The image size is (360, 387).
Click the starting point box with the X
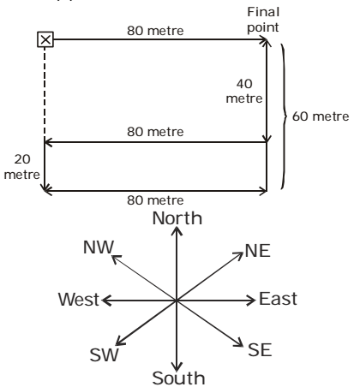click(45, 39)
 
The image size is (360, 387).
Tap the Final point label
click(263, 20)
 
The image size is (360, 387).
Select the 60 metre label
click(321, 116)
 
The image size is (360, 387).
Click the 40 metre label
click(244, 92)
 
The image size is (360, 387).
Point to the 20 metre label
click(22, 167)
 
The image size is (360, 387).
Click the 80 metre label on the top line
click(155, 31)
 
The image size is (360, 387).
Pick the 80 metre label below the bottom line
click(155, 200)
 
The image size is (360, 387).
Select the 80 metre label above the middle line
click(155, 132)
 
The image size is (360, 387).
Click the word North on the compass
click(177, 218)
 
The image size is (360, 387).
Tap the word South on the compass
click(178, 378)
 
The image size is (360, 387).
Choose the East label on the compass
click(278, 299)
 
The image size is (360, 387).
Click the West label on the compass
click(79, 300)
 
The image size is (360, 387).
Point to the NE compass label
click(258, 251)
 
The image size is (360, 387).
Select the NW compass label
click(99, 247)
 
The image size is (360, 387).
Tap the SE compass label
click(260, 350)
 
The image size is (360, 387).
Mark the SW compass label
click(104, 355)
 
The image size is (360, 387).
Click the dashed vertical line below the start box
click(45, 92)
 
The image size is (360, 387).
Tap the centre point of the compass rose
click(177, 301)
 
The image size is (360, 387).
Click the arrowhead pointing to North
click(177, 230)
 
